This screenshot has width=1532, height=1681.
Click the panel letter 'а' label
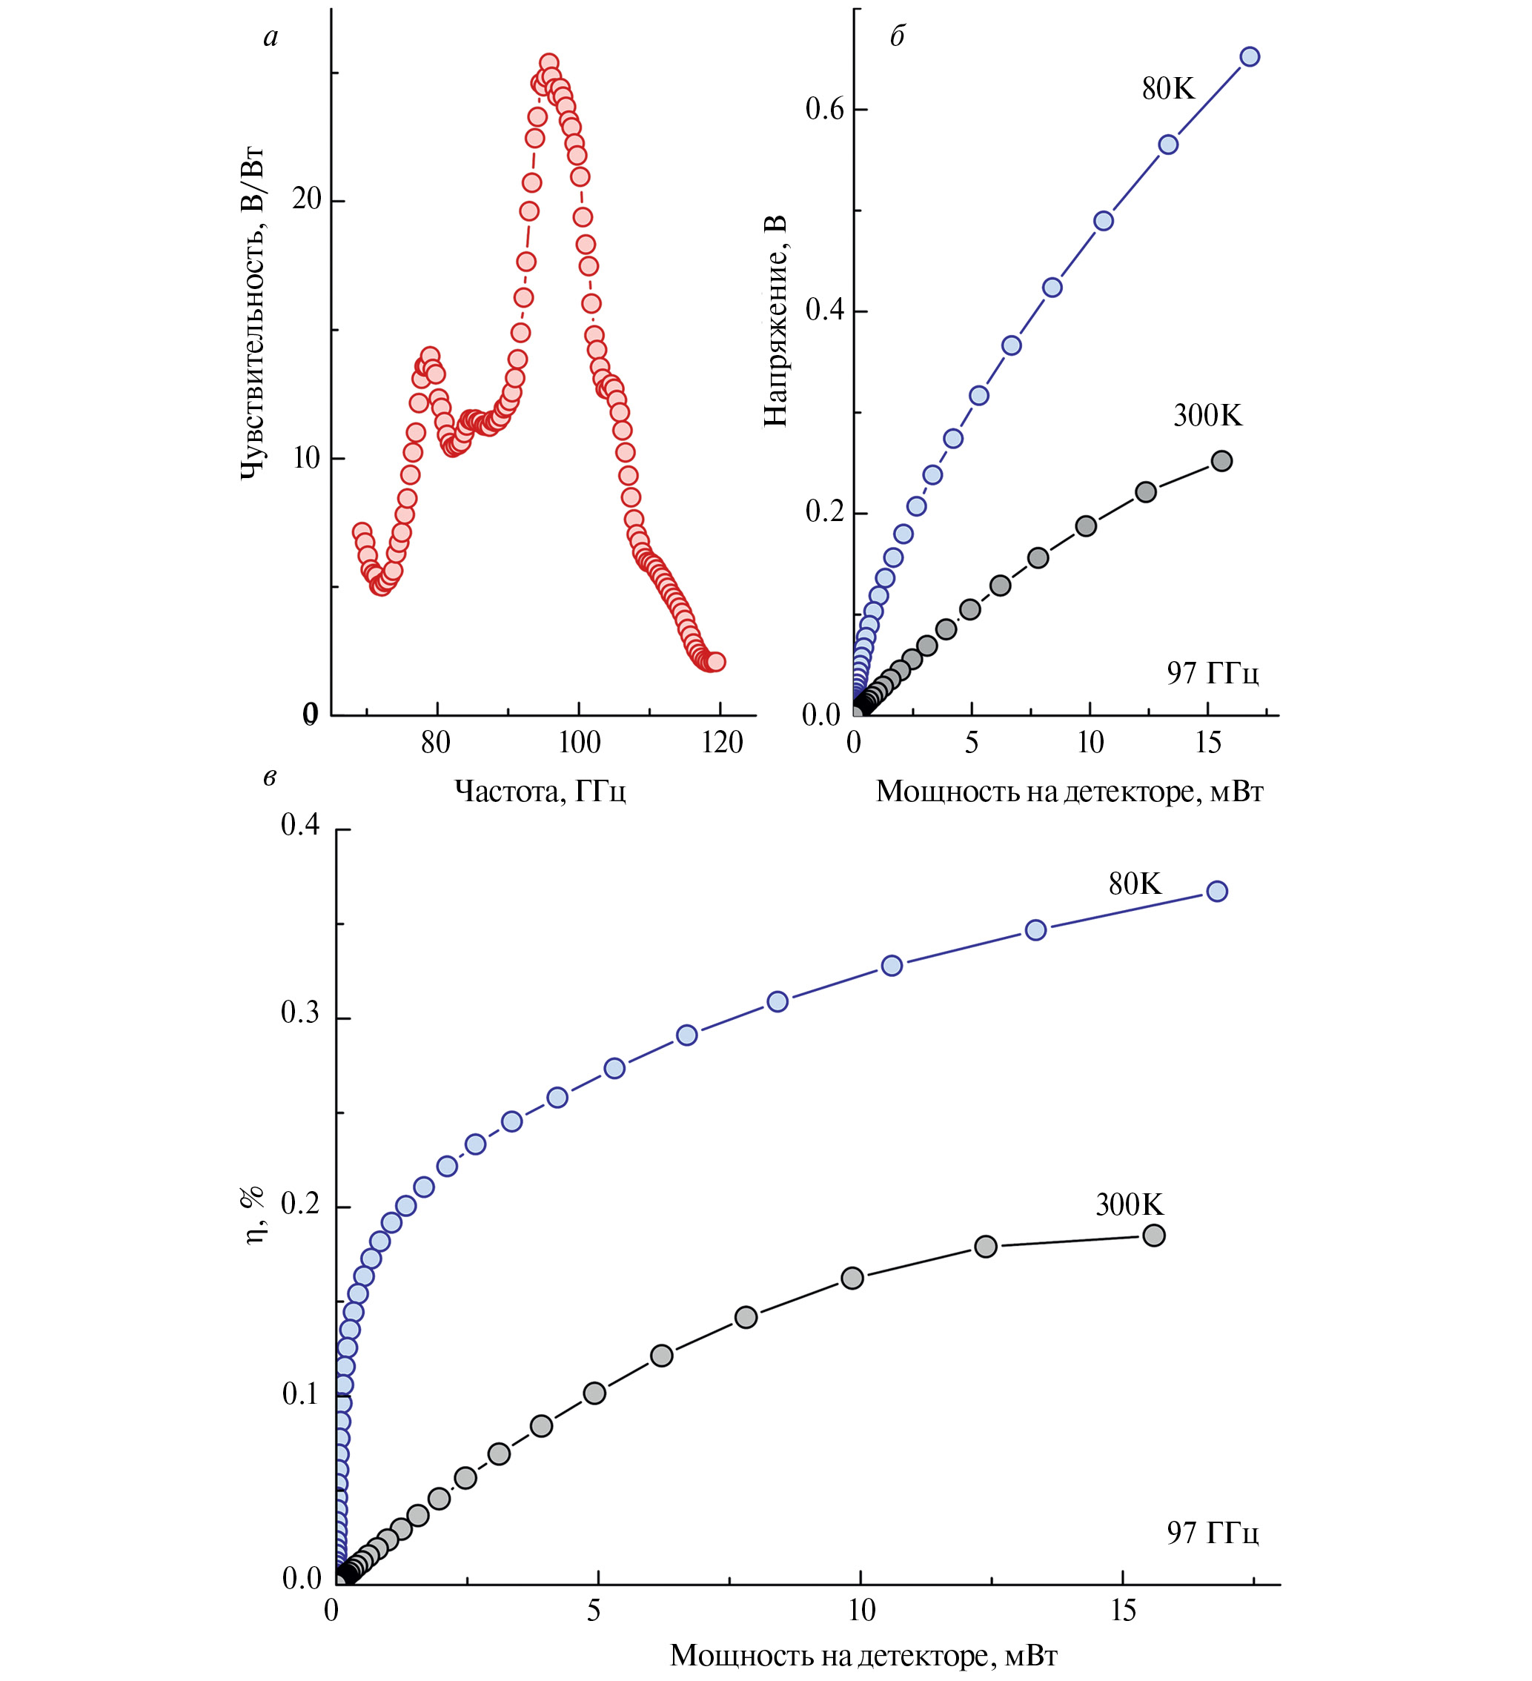pyautogui.click(x=271, y=38)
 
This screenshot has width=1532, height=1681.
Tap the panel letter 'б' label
pyautogui.click(x=898, y=38)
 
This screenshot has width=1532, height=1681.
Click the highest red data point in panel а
pyautogui.click(x=548, y=64)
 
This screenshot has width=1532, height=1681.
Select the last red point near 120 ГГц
pyautogui.click(x=715, y=661)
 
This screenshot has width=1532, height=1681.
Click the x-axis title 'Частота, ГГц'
pyautogui.click(x=540, y=790)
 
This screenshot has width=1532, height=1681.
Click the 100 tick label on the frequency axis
pyautogui.click(x=579, y=742)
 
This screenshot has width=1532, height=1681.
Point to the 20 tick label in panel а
pyautogui.click(x=307, y=199)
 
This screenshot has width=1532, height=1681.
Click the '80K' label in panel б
pyautogui.click(x=1167, y=89)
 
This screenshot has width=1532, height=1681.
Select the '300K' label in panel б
pyautogui.click(x=1207, y=415)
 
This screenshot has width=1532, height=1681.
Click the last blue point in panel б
pyautogui.click(x=1250, y=56)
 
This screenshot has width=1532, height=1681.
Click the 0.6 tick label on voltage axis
pyautogui.click(x=824, y=108)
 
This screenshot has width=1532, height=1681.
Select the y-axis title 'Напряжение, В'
pyautogui.click(x=775, y=321)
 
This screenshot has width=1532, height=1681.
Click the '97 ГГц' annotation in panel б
pyautogui.click(x=1213, y=672)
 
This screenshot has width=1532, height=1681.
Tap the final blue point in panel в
pyautogui.click(x=1217, y=892)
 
